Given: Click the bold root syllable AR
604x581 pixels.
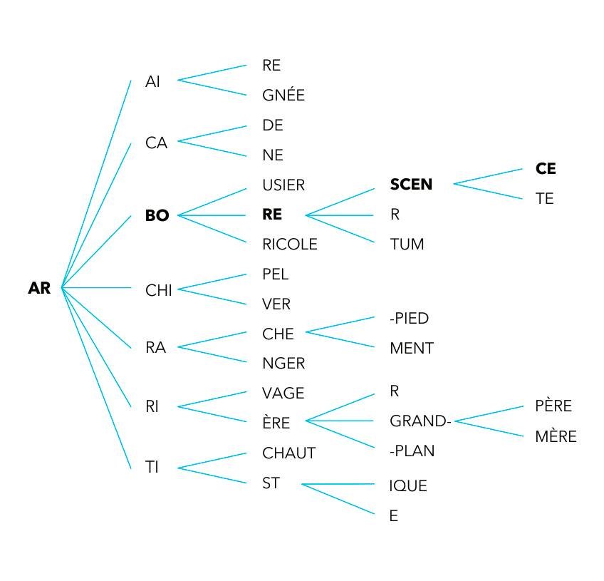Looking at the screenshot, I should point(39,289).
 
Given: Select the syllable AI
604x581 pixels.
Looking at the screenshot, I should point(152,81).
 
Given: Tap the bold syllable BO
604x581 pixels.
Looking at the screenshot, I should point(157,215).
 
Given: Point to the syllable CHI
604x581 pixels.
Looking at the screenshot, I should point(158,290).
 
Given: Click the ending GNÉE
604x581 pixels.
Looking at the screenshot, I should point(283,96).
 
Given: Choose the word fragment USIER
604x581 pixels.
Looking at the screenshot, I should point(283,185).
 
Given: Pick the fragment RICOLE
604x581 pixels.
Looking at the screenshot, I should point(289,245).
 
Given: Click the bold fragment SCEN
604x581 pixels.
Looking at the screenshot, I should point(411,185).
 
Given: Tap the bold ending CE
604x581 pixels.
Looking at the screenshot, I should point(546,169).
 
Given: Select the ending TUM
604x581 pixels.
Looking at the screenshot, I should point(407,245).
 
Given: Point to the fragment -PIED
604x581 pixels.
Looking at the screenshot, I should point(409,319).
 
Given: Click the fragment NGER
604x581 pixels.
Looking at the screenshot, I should point(283,364).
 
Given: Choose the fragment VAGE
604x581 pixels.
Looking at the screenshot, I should point(283,394).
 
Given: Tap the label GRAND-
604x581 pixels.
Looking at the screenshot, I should point(420,421).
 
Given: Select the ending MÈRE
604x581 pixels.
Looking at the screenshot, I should point(556,437).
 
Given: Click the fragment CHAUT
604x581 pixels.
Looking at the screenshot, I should point(288,453).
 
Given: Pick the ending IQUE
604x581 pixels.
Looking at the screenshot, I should point(408,486).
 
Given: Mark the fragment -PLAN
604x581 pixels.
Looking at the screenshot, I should point(412,451).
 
